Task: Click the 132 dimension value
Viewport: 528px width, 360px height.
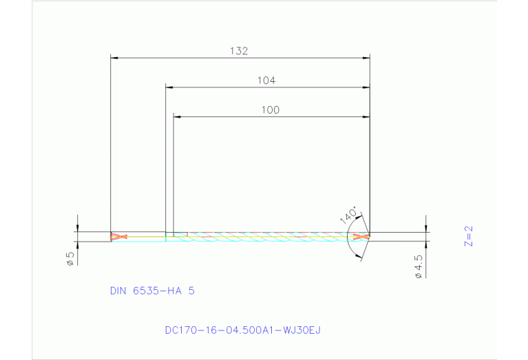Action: [238, 50]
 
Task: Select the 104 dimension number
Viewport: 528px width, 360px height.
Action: [266, 80]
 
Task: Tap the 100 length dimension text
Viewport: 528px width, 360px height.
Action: [271, 109]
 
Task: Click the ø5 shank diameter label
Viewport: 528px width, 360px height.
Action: [70, 259]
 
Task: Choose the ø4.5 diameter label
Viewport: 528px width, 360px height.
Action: [418, 266]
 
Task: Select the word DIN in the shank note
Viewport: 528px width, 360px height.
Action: [119, 290]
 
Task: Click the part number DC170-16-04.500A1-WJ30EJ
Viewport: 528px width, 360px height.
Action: [242, 330]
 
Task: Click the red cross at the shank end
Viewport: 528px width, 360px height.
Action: [119, 237]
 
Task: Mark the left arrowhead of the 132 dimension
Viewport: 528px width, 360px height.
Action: [114, 58]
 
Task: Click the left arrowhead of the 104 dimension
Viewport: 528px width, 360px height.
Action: [169, 87]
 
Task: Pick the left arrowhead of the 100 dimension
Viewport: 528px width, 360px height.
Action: [177, 117]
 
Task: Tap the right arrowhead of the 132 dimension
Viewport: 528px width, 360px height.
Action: [367, 58]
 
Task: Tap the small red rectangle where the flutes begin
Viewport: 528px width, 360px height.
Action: [180, 235]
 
